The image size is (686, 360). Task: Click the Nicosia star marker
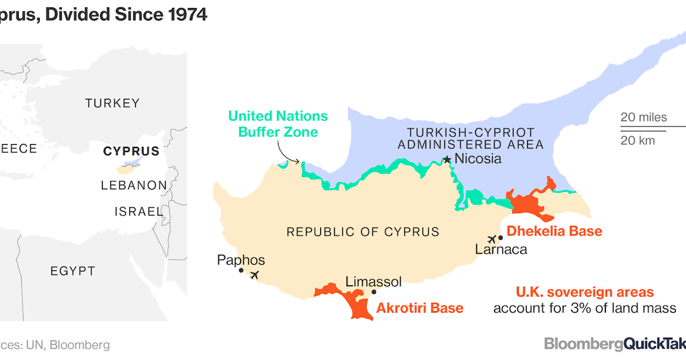click(x=447, y=159)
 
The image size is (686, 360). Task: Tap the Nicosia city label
click(x=477, y=159)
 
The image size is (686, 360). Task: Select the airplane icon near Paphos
click(x=254, y=275)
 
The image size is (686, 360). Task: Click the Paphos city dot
click(x=241, y=270)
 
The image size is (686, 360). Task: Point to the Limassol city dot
click(x=374, y=291)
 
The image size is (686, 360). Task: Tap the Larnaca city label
click(x=501, y=250)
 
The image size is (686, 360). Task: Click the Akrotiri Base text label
click(x=420, y=309)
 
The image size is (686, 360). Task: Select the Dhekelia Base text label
click(x=555, y=231)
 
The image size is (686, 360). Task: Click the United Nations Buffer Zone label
click(x=278, y=124)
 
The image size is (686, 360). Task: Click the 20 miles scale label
click(x=644, y=118)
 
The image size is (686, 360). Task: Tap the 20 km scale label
click(x=638, y=140)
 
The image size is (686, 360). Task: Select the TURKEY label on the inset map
click(x=112, y=103)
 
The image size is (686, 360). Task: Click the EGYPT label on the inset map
click(x=73, y=271)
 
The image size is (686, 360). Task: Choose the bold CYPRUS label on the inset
click(x=131, y=151)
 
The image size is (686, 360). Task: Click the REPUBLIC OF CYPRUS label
click(x=362, y=232)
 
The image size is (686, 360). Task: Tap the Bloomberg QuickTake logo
click(x=615, y=344)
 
